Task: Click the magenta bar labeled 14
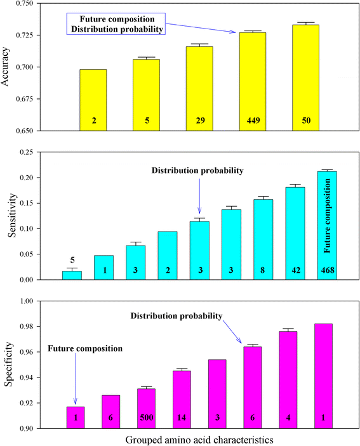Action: [x=181, y=400]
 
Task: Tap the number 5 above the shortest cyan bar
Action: [x=72, y=259]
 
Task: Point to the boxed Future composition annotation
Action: [x=115, y=24]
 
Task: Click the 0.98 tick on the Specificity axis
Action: [x=30, y=327]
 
